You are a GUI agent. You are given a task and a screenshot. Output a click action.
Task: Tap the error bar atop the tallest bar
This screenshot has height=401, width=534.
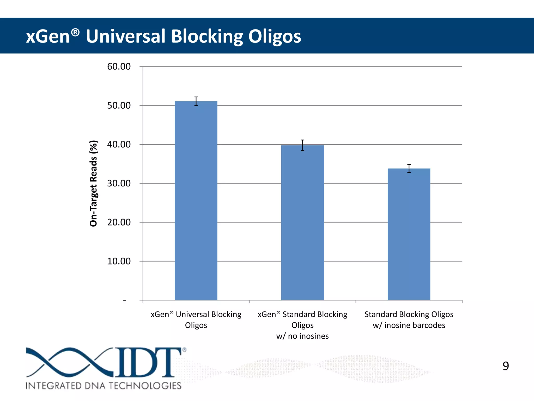click(196, 101)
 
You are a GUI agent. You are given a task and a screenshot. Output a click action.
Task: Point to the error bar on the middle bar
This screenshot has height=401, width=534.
click(302, 145)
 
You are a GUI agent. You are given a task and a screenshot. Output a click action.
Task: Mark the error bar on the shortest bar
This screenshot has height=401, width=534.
click(409, 168)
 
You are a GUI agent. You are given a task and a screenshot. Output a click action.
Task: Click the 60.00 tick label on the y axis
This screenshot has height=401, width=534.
click(119, 67)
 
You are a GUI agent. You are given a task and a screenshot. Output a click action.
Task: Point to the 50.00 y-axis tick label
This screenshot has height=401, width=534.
click(119, 105)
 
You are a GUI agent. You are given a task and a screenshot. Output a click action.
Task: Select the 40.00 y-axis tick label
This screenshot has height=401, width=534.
click(119, 144)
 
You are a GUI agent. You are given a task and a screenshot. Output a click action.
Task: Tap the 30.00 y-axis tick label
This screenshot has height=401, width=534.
click(119, 183)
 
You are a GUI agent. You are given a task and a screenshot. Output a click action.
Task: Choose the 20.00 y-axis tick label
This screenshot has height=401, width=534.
click(119, 222)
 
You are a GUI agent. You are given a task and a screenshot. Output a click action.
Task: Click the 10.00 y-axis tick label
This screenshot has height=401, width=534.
click(119, 261)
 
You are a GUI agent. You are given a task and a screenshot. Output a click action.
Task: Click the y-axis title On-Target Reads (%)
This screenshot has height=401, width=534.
click(93, 183)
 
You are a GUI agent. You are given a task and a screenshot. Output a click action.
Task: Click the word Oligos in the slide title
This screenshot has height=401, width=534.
click(275, 36)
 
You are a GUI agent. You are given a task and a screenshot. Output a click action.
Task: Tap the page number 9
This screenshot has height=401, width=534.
click(506, 366)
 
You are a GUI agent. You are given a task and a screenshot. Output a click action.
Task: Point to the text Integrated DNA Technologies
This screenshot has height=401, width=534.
click(104, 386)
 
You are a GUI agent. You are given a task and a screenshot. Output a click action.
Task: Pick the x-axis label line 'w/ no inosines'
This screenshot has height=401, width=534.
click(302, 336)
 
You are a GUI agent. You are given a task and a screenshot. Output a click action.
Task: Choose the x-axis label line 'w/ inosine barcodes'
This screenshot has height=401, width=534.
click(409, 325)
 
